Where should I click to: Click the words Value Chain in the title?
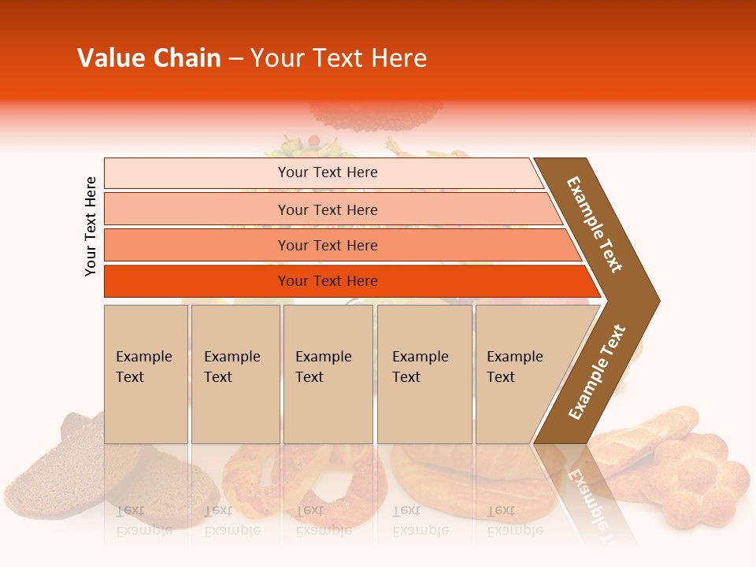[149, 58]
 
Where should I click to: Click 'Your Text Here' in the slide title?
[339, 58]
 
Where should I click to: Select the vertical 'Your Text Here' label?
[91, 226]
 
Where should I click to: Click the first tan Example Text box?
[146, 374]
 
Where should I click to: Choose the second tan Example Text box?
[235, 374]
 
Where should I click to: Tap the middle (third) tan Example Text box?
[328, 374]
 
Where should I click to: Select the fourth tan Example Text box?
[424, 374]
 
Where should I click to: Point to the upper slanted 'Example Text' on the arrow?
[595, 224]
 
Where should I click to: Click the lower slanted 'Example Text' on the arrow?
[597, 372]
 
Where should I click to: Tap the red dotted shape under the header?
[376, 117]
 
